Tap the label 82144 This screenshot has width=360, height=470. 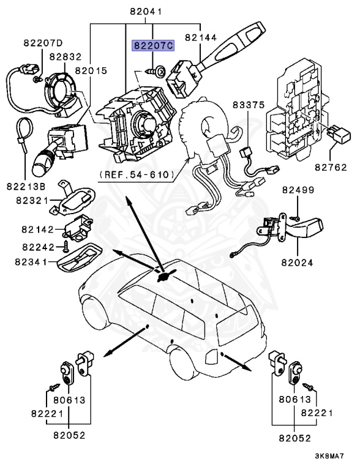[x=200, y=38]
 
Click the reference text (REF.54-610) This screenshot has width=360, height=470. [x=137, y=175]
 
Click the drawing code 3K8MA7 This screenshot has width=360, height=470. [x=329, y=456]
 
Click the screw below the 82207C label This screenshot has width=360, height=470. [x=152, y=71]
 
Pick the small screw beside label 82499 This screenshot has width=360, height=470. [x=293, y=218]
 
